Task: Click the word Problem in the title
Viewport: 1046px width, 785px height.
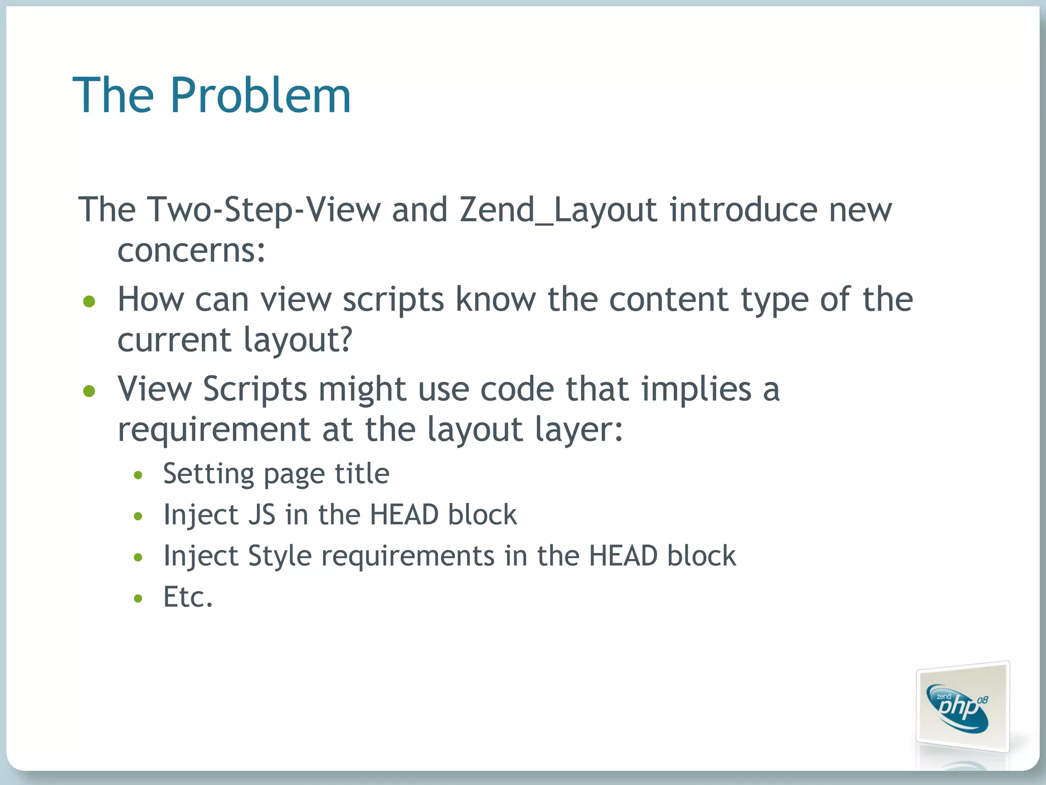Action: tap(260, 96)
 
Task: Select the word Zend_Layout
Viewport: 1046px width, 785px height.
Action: tap(558, 210)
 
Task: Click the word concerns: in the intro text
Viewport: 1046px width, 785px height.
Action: tap(192, 251)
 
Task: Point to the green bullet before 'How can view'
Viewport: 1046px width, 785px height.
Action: tap(89, 302)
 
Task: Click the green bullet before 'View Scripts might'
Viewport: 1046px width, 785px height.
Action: tap(89, 391)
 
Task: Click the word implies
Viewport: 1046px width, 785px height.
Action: tap(697, 389)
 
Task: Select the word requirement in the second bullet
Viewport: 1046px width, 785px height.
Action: tap(214, 429)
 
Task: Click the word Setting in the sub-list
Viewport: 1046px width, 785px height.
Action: tap(208, 474)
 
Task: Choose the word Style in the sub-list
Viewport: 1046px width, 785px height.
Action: tap(280, 556)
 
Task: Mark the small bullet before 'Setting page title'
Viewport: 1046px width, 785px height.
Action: tap(138, 476)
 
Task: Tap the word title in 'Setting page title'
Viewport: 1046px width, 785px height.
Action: tap(362, 474)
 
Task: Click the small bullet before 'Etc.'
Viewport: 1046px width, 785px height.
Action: tap(138, 598)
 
